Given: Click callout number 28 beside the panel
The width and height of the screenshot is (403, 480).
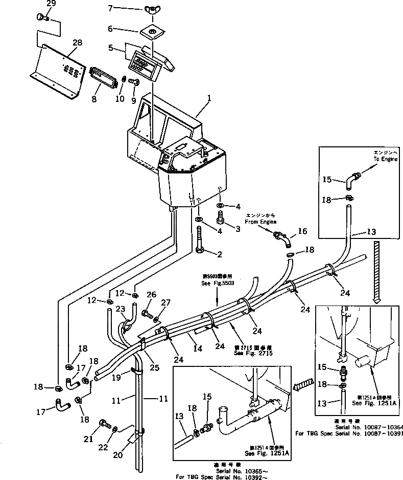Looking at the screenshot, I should pos(77,42).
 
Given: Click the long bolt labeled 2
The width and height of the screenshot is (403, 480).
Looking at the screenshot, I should pos(198,236).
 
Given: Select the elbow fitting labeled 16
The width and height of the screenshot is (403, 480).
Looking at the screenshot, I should pos(281,238).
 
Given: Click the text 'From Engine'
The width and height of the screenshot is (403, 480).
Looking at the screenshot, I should pos(261,222).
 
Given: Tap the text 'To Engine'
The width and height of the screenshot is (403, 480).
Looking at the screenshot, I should pos(384,159).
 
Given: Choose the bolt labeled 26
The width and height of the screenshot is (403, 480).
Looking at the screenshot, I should pos(149,312).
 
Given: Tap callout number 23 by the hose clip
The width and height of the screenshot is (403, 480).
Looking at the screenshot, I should pos(120,309).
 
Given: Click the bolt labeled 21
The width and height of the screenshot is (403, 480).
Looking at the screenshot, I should pos(105,424).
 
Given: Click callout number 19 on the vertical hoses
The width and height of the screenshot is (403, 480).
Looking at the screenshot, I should pos(116,377).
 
